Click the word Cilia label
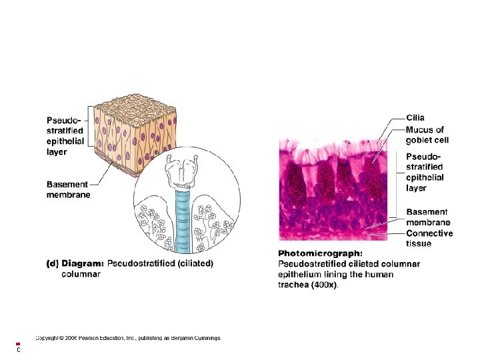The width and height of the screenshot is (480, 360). click(415, 118)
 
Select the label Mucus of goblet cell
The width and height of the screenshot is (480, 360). click(427, 135)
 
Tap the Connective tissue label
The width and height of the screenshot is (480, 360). click(429, 238)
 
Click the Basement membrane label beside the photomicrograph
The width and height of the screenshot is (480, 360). click(428, 217)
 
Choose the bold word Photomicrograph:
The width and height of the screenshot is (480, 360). click(320, 253)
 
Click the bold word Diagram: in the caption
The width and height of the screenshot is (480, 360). click(83, 263)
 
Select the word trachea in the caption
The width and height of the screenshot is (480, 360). click(293, 285)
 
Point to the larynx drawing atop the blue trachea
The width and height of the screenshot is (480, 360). click(182, 174)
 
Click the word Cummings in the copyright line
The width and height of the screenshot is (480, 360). click(205, 337)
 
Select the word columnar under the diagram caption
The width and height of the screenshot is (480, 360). click(81, 273)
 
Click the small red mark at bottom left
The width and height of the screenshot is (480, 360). click(18, 344)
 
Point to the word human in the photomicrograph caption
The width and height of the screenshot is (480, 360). click(378, 274)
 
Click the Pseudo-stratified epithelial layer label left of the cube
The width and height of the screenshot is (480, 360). click(65, 136)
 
